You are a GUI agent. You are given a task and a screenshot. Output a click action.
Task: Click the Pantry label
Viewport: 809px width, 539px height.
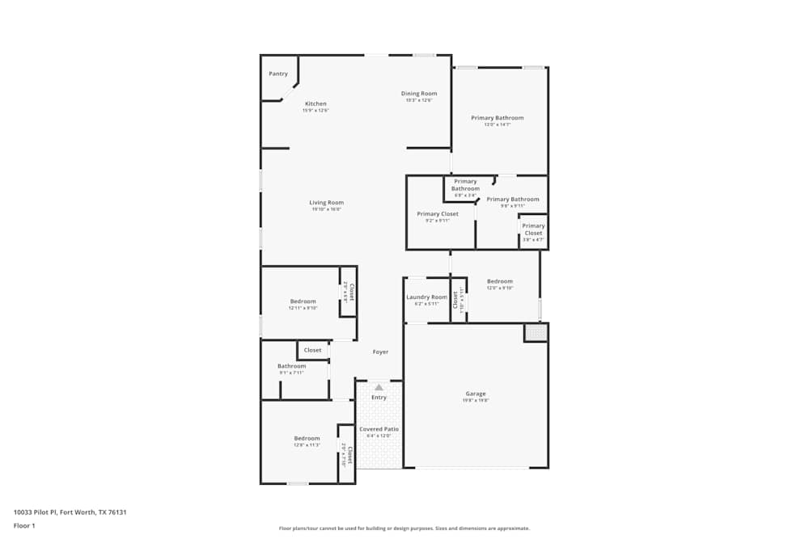click(278, 74)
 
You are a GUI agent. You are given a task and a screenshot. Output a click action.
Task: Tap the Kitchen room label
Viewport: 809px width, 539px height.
click(316, 103)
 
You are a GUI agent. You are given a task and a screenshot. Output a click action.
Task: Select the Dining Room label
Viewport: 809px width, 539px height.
click(419, 94)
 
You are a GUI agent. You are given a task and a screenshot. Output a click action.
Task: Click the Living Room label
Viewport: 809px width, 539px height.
click(326, 203)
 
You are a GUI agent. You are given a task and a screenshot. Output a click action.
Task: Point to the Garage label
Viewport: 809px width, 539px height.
click(476, 394)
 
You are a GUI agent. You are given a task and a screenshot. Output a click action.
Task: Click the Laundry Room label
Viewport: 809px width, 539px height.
click(426, 297)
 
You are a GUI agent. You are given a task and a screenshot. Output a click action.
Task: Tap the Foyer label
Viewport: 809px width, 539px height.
click(380, 352)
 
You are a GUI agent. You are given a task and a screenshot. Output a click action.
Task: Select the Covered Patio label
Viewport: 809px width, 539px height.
click(379, 429)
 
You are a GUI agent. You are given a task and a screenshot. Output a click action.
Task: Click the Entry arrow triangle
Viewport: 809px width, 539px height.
click(379, 388)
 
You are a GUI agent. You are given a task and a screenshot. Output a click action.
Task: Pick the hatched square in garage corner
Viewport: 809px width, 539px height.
click(536, 332)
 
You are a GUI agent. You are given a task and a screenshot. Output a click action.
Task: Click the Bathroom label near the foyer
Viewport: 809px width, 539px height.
click(292, 366)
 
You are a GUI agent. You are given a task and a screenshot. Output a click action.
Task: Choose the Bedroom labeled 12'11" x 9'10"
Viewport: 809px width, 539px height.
click(303, 301)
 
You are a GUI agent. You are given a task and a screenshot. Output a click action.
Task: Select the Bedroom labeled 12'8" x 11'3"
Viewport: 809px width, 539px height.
click(307, 438)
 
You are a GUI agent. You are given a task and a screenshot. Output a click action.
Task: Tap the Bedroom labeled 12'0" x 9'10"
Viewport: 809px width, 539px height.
click(499, 281)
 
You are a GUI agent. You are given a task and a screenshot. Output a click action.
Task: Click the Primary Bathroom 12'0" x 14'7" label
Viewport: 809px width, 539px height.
click(498, 118)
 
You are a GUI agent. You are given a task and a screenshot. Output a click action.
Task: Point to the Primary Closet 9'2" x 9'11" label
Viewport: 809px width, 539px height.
click(438, 214)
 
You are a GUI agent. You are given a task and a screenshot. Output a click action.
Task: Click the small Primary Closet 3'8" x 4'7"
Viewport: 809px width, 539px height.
click(533, 229)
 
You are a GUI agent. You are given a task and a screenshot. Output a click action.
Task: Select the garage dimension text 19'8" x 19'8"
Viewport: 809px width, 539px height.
click(476, 400)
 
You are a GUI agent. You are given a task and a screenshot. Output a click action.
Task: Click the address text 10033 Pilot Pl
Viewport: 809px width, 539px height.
click(70, 512)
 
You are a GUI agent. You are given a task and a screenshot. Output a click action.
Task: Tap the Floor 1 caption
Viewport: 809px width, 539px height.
click(24, 525)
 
